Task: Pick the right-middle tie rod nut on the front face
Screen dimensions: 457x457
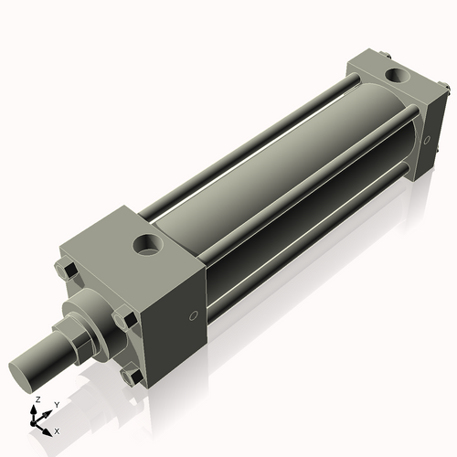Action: click(x=124, y=319)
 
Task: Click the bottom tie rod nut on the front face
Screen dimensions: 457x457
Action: click(x=133, y=374)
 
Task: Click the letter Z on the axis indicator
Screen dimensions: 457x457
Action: click(x=37, y=400)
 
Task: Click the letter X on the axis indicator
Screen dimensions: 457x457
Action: click(x=58, y=430)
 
